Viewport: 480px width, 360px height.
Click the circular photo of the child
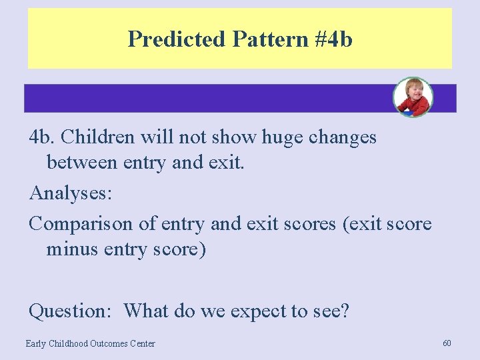(x=413, y=97)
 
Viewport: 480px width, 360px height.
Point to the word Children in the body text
(x=101, y=137)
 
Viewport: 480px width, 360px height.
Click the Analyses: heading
(x=71, y=194)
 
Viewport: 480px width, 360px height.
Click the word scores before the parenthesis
(x=305, y=223)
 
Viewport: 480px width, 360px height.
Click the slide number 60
(x=447, y=343)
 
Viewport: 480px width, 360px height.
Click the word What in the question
(x=147, y=311)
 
